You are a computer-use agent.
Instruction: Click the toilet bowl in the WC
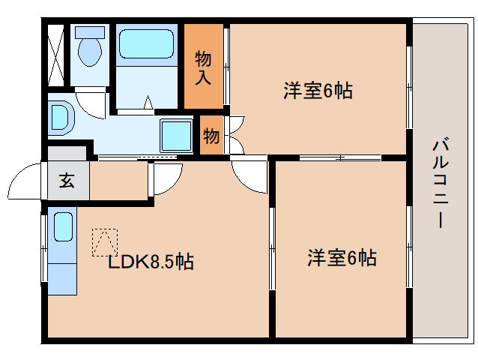(90, 52)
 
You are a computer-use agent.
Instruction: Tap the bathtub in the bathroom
(146, 43)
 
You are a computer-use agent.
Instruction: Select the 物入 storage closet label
(203, 67)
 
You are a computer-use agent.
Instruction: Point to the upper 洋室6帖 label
(318, 90)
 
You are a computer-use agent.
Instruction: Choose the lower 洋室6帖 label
(342, 258)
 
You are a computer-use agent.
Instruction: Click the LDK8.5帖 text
(151, 262)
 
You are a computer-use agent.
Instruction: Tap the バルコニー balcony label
(441, 183)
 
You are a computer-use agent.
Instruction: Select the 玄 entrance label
(67, 180)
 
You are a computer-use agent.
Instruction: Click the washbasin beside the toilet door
(61, 120)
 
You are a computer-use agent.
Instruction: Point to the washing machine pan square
(177, 136)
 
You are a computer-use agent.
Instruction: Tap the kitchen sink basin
(64, 227)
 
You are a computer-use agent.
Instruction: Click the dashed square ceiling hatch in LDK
(105, 242)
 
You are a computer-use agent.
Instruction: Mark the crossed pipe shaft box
(55, 55)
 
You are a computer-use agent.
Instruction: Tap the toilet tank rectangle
(90, 32)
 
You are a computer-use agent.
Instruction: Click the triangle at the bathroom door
(148, 102)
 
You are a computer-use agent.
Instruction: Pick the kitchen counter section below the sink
(62, 279)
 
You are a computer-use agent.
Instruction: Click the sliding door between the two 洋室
(340, 157)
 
